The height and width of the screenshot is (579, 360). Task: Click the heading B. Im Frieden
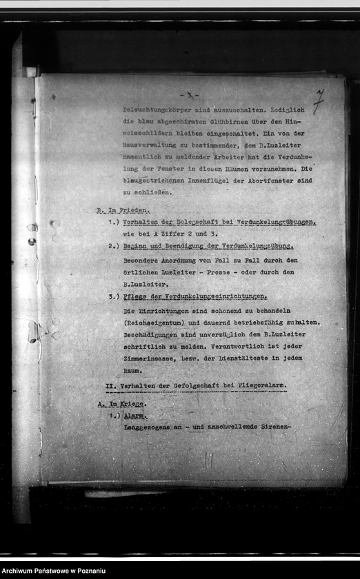click(x=123, y=210)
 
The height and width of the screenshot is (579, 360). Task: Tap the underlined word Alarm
click(x=134, y=416)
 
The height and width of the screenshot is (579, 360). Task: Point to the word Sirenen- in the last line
click(x=270, y=427)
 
